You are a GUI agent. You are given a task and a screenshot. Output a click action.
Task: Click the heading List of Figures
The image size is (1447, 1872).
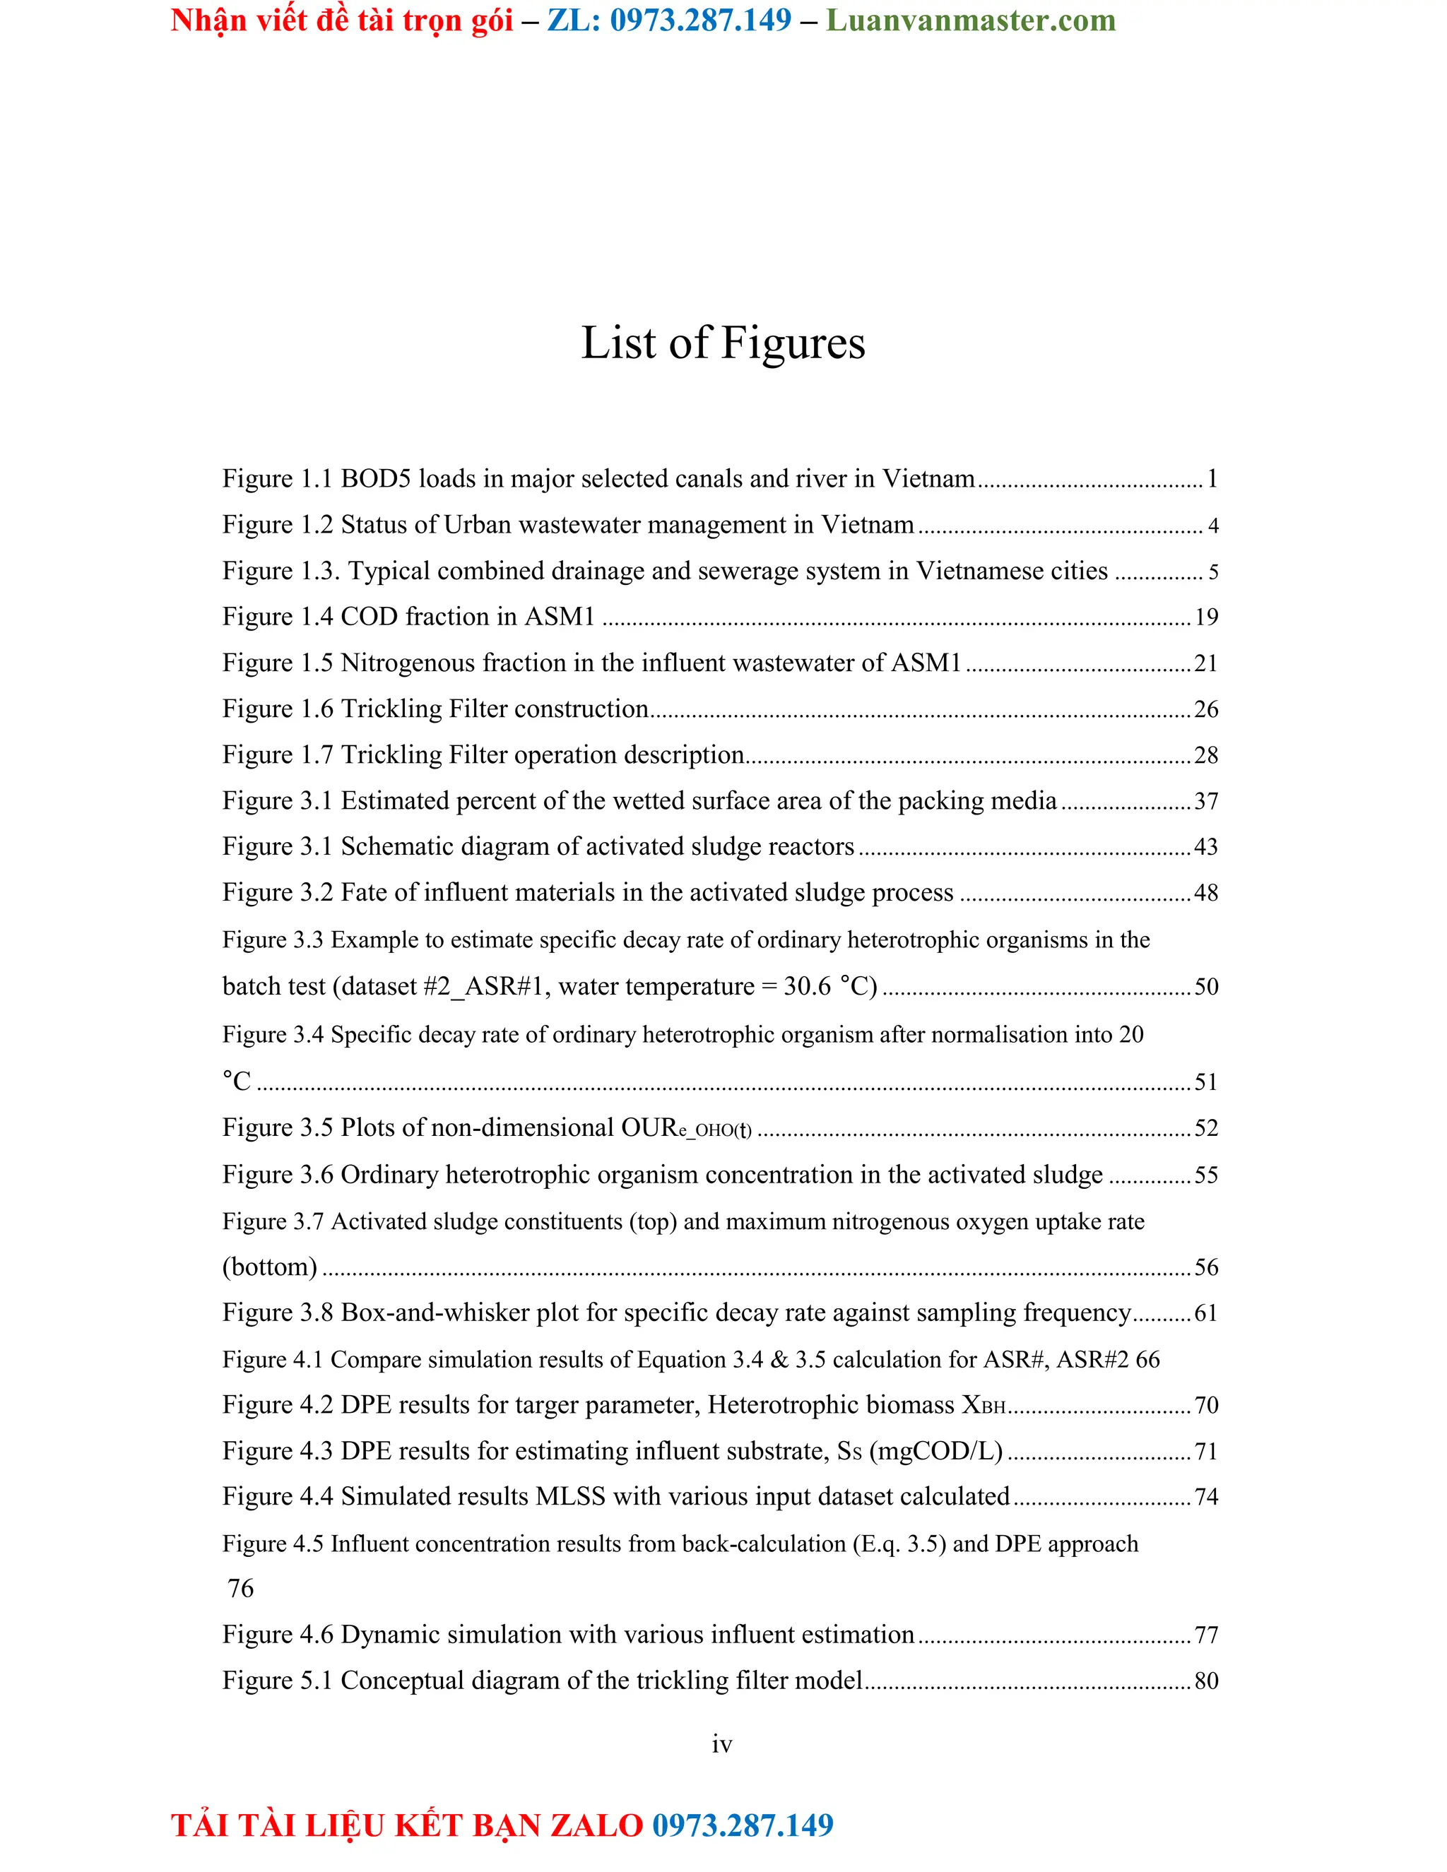[x=723, y=343]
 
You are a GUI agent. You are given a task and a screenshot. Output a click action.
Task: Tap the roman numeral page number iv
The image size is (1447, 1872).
[x=722, y=1744]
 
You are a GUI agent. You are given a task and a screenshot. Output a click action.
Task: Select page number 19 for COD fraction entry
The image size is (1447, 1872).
[x=1206, y=617]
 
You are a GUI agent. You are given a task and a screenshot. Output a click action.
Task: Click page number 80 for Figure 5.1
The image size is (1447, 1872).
[x=1206, y=1681]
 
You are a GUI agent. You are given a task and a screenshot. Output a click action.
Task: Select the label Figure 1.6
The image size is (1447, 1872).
[x=277, y=709]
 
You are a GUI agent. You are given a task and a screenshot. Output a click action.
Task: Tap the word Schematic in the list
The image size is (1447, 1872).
[x=401, y=847]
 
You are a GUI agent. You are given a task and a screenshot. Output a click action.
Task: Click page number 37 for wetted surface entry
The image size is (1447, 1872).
[x=1206, y=802]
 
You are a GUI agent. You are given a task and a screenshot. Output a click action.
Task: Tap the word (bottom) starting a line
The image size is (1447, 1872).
[x=269, y=1267]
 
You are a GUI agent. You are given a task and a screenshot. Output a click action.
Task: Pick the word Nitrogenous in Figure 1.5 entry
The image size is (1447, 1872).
[x=407, y=663]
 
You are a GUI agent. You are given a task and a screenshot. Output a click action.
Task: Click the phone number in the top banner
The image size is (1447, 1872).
[x=700, y=20]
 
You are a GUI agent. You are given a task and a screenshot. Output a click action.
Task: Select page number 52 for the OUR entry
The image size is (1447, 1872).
[x=1206, y=1128]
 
